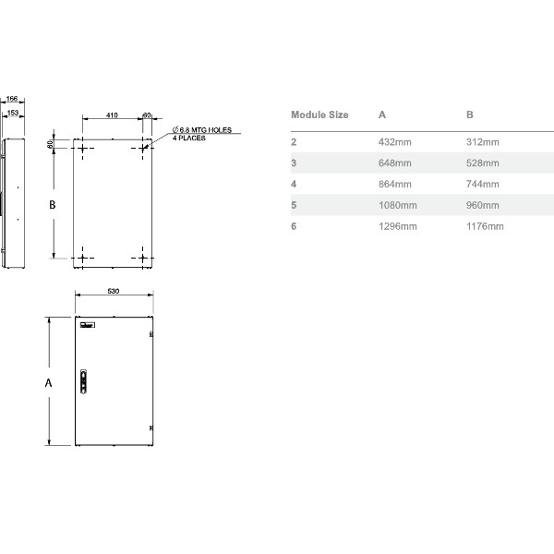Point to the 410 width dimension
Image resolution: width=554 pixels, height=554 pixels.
click(111, 115)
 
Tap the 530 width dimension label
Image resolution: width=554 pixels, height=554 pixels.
click(114, 291)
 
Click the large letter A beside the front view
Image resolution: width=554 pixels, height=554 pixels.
click(49, 381)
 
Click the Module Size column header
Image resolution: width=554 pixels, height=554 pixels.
click(319, 115)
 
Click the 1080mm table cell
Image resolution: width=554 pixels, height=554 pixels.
click(398, 205)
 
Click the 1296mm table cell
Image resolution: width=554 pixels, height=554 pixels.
click(398, 226)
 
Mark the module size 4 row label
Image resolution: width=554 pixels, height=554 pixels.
click(294, 184)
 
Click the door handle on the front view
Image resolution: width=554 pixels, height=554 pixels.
click(85, 380)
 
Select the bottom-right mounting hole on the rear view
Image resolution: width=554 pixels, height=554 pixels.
click(144, 257)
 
